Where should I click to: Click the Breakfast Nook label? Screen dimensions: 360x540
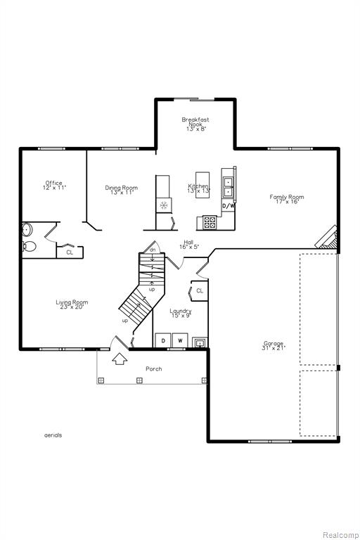click(x=195, y=124)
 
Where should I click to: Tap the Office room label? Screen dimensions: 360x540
click(x=54, y=186)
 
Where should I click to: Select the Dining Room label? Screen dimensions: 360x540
click(x=121, y=190)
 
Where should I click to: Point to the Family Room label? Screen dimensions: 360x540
click(x=287, y=199)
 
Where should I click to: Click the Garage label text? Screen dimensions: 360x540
click(x=274, y=345)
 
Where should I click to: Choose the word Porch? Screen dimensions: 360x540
click(x=154, y=369)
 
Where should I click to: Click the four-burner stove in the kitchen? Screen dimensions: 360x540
click(x=210, y=222)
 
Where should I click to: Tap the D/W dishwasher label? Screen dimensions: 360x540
click(x=229, y=206)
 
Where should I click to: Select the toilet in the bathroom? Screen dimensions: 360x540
click(x=30, y=246)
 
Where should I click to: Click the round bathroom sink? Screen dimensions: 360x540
click(x=27, y=229)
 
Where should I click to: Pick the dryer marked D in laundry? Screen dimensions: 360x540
click(x=163, y=340)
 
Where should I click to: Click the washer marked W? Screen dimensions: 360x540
click(x=180, y=340)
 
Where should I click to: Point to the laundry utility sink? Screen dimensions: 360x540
click(x=200, y=343)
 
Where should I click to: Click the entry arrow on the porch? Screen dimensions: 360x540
click(x=120, y=359)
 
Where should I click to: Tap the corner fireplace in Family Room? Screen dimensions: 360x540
click(x=326, y=237)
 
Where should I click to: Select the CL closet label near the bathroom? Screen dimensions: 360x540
click(x=70, y=252)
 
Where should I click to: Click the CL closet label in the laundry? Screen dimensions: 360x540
click(x=200, y=290)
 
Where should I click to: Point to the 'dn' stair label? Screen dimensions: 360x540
click(x=153, y=250)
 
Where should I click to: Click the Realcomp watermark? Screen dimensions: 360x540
click(x=340, y=535)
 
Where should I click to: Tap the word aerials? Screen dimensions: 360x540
click(x=53, y=435)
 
